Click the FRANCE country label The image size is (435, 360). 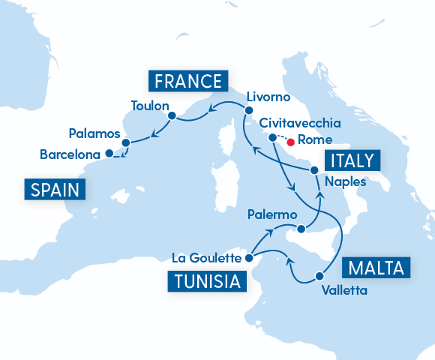click(187, 81)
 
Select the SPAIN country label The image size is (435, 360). click(55, 189)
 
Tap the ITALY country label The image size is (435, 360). click(353, 160)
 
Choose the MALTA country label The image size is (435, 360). click(376, 267)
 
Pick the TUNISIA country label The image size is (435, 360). click(205, 282)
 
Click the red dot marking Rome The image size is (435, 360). click(289, 139)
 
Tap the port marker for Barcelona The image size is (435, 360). click(109, 153)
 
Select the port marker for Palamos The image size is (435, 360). click(126, 142)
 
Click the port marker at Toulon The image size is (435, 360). click(172, 115)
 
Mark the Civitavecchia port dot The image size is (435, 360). click(272, 137)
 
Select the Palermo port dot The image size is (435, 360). click(301, 228)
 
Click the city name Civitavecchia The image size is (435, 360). click(300, 122)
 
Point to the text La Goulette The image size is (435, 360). click(206, 258)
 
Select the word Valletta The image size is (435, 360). click(343, 289)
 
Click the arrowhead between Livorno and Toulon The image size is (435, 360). click(212, 106)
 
